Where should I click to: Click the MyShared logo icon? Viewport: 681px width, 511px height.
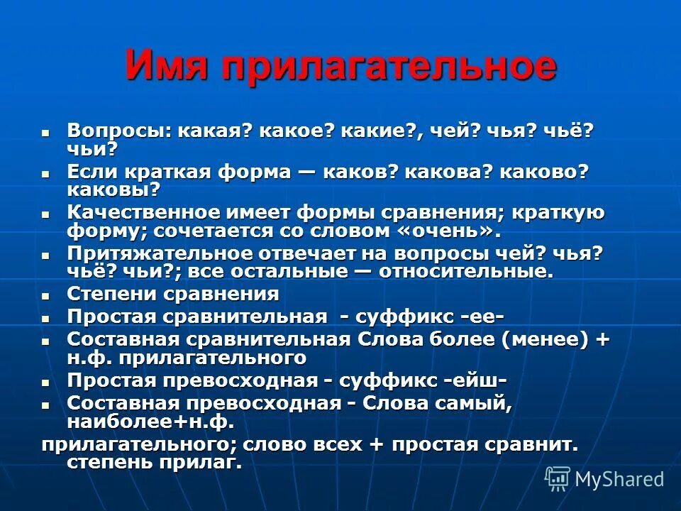click(558, 478)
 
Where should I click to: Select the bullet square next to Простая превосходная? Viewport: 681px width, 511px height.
click(46, 382)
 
